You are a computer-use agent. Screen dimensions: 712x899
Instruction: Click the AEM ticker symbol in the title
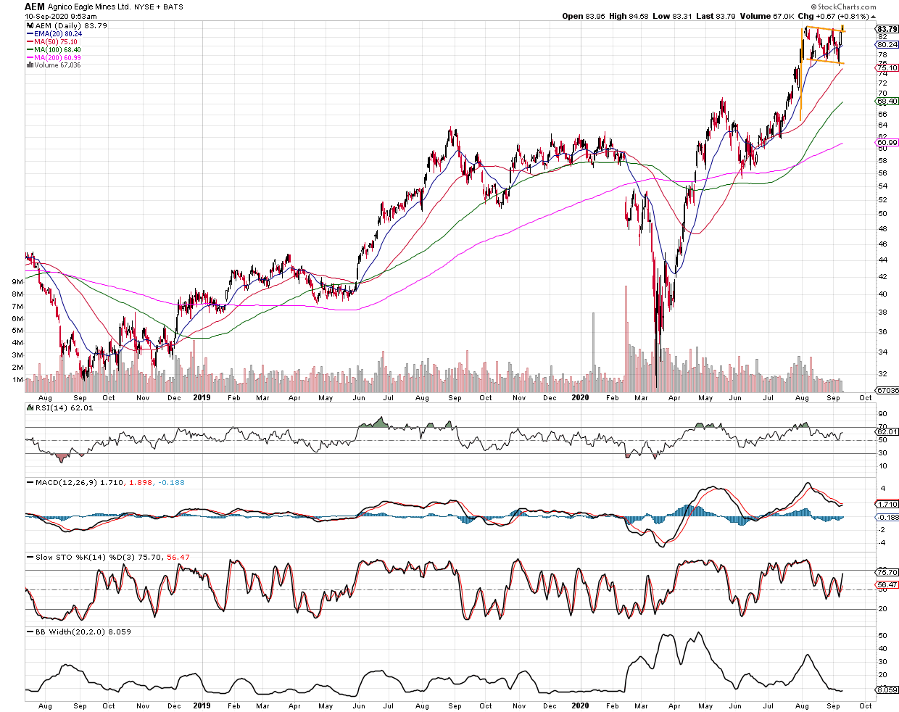(x=35, y=7)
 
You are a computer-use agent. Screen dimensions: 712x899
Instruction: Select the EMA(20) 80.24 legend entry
(x=57, y=33)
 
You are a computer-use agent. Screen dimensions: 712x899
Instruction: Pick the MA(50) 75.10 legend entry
(x=55, y=41)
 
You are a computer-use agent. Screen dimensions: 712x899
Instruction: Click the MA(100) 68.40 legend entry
(x=57, y=49)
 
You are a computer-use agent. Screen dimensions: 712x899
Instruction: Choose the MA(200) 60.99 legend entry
(x=57, y=57)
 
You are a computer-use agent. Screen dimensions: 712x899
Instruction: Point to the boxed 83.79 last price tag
(x=887, y=29)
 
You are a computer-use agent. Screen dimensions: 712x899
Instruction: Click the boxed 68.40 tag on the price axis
(x=887, y=101)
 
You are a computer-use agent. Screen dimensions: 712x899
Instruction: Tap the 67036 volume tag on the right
(x=887, y=390)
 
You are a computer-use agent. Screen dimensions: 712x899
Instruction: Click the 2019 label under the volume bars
(x=202, y=397)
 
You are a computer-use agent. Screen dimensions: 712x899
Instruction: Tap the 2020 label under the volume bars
(x=580, y=397)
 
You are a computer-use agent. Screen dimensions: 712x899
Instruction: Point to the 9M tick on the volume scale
(x=17, y=281)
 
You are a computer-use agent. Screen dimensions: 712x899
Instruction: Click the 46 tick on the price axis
(x=882, y=244)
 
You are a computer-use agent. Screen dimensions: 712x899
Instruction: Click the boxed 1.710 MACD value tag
(x=887, y=504)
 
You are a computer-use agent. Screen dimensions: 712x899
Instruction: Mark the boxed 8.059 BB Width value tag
(x=887, y=690)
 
